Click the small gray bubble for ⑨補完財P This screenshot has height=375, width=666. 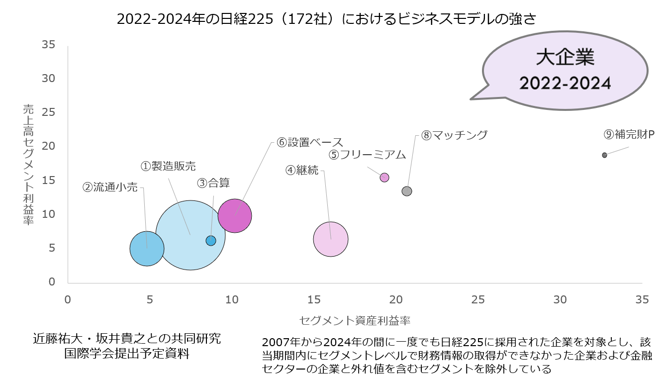[x=604, y=155]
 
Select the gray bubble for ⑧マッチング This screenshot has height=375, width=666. [x=407, y=191]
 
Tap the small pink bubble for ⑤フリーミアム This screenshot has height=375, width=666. [x=384, y=178]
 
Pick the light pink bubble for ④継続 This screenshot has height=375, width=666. [x=331, y=239]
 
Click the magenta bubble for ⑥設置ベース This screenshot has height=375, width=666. [x=234, y=215]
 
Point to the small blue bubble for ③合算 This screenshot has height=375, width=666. [x=211, y=241]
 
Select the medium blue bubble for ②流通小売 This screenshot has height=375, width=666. [x=147, y=249]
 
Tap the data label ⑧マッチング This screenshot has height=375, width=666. [x=454, y=135]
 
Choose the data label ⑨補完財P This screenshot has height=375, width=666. [x=629, y=134]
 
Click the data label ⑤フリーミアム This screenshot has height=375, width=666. [x=368, y=155]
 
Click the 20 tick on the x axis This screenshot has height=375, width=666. [x=396, y=300]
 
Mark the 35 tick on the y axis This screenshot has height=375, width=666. [x=48, y=45]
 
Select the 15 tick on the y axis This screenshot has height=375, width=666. [x=48, y=180]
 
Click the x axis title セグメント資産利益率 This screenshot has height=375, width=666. [x=355, y=319]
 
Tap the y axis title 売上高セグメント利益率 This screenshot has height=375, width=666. [x=28, y=164]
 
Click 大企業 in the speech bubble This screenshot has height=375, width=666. [x=565, y=57]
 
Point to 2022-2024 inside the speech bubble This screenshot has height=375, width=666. [x=565, y=83]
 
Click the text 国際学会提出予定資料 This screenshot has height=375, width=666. [x=127, y=354]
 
